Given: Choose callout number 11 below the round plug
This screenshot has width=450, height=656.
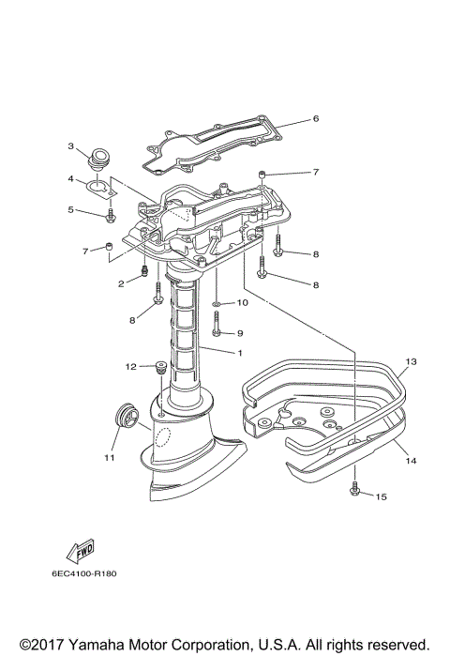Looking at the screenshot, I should [x=109, y=458].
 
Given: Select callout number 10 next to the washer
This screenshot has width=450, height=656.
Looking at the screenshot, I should [x=241, y=303].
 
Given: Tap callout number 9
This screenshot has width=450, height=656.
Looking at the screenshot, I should [x=239, y=333].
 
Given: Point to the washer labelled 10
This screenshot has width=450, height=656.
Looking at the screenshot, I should [x=217, y=304].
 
